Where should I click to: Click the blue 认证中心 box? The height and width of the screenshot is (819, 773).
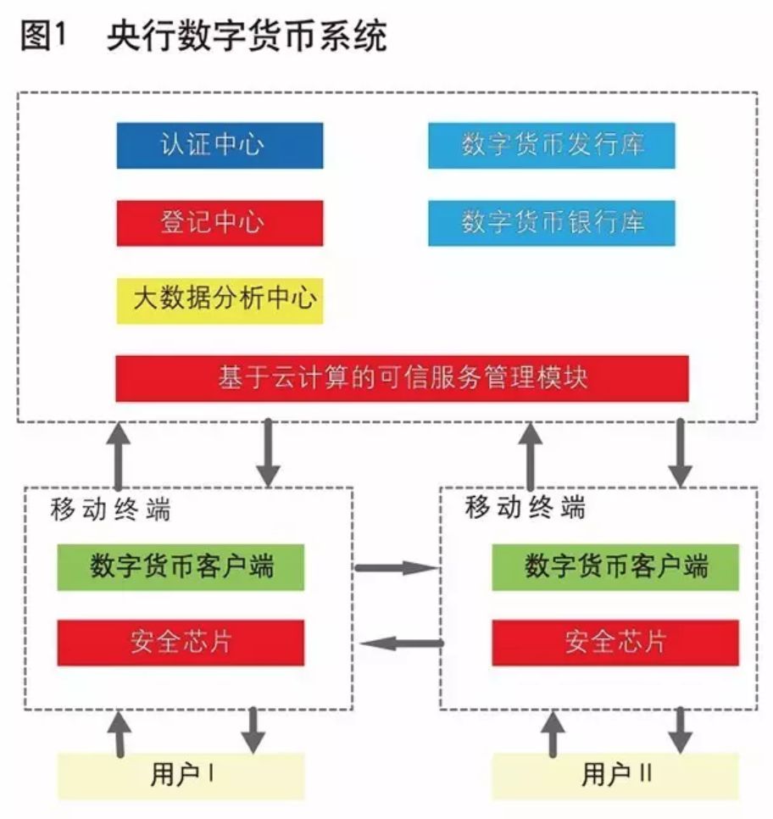coord(220,145)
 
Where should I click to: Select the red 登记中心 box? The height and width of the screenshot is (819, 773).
coord(220,223)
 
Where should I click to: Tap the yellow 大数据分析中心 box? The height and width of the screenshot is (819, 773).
coord(220,299)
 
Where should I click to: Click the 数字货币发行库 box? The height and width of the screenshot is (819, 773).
coord(551,145)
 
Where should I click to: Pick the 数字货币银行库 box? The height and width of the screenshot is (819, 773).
coord(551,223)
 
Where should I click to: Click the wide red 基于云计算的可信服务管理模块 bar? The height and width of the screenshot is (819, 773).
coord(402,378)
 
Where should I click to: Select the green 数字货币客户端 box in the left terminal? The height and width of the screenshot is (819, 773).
coord(181,567)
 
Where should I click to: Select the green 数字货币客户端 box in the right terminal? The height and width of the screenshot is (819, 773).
coord(615,567)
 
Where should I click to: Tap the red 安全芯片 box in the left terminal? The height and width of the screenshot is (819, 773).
coord(181,643)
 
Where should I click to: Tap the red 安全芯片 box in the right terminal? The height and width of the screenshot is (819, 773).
coord(615,643)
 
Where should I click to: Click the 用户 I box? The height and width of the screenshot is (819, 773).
coord(181,775)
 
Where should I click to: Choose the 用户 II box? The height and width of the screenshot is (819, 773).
coord(615,775)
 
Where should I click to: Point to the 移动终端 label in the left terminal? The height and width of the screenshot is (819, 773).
coord(110,510)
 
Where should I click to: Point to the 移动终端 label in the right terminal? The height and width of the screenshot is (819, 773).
coord(525,508)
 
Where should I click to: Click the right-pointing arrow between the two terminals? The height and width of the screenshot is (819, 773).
coord(396,567)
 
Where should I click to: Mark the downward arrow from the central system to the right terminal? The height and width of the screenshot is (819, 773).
coord(680,454)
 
